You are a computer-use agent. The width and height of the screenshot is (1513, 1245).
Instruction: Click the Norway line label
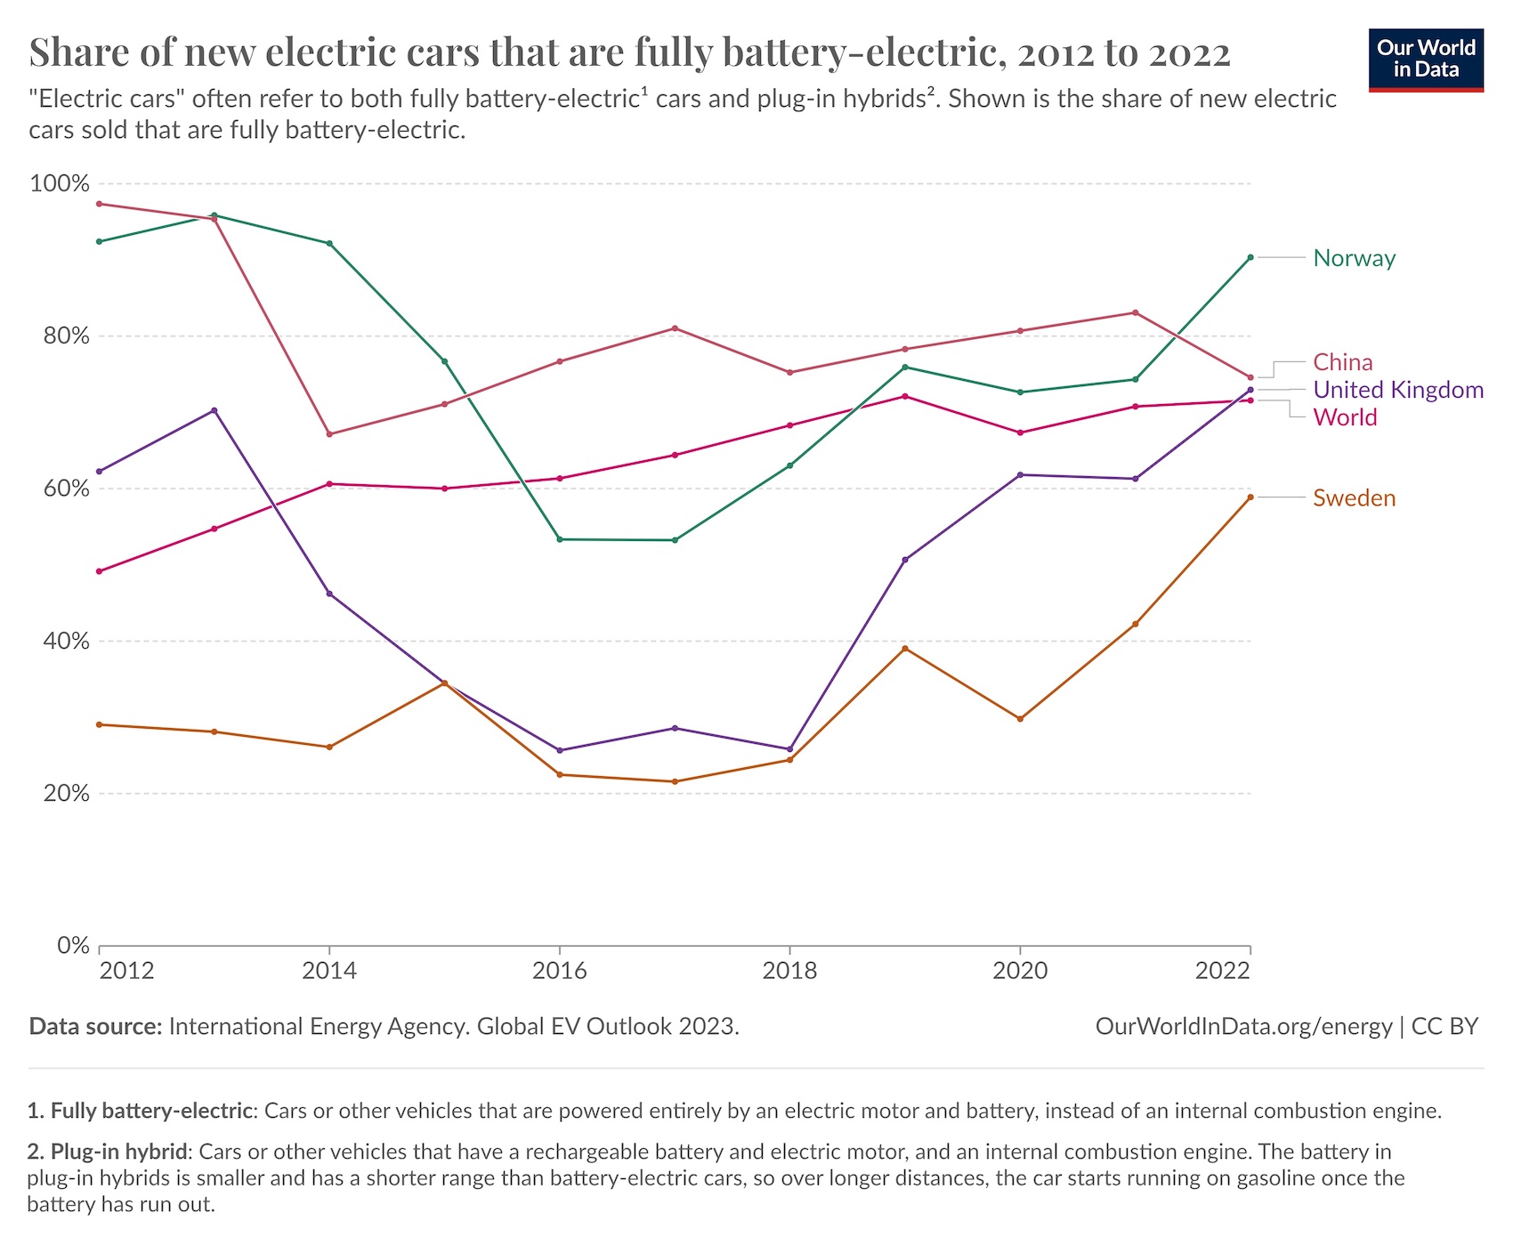pyautogui.click(x=1354, y=258)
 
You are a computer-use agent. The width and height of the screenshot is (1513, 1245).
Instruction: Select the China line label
pyautogui.click(x=1342, y=362)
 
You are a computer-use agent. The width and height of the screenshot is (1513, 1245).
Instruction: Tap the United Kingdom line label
pyautogui.click(x=1397, y=390)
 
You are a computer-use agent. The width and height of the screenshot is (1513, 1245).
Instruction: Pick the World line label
pyautogui.click(x=1345, y=417)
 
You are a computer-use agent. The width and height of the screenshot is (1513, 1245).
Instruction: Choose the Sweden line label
pyautogui.click(x=1354, y=497)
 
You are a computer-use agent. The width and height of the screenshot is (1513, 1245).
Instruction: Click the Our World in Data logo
pyautogui.click(x=1426, y=59)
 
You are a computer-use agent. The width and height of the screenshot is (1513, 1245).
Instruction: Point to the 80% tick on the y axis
pyautogui.click(x=60, y=336)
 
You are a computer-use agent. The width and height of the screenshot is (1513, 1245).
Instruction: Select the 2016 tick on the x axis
pyautogui.click(x=559, y=970)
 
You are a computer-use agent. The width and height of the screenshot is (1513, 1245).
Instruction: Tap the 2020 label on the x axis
pyautogui.click(x=1020, y=970)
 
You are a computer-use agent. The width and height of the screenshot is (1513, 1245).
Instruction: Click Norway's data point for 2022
pyautogui.click(x=1250, y=257)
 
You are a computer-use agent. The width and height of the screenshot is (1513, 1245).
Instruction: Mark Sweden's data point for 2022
pyautogui.click(x=1250, y=497)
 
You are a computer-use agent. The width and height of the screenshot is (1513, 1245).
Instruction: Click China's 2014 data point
pyautogui.click(x=329, y=434)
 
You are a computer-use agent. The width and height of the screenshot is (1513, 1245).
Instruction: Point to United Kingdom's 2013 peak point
pyautogui.click(x=214, y=410)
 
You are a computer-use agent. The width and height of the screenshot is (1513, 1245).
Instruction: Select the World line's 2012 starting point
pyautogui.click(x=99, y=571)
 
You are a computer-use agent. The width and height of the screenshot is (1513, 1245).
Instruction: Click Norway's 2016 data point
pyautogui.click(x=560, y=539)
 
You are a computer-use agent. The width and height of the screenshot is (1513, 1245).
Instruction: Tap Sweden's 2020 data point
pyautogui.click(x=1020, y=719)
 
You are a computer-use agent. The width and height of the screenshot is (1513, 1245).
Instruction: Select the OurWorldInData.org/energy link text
pyautogui.click(x=1242, y=1026)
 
